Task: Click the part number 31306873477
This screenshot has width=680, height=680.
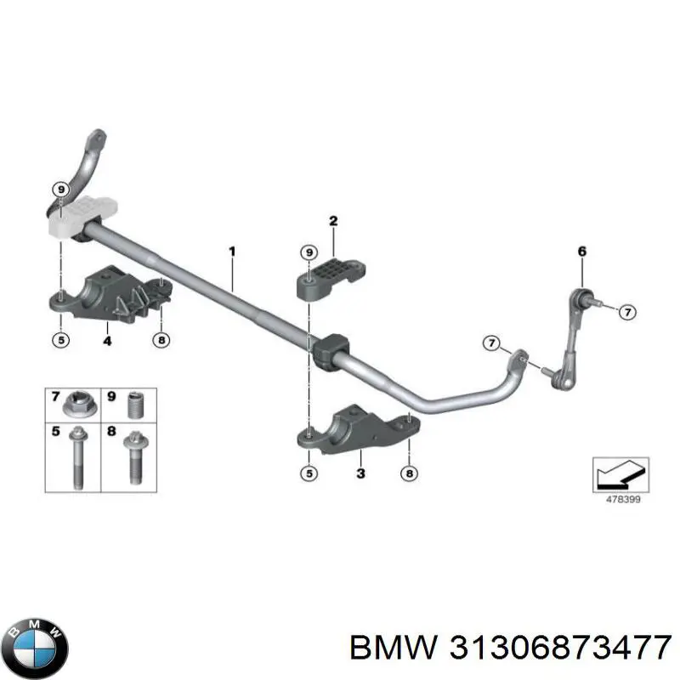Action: point(561,647)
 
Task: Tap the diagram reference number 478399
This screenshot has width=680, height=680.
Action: point(623,499)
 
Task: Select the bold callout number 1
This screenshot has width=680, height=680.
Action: point(232,252)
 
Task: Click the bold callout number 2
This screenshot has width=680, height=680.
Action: point(333,221)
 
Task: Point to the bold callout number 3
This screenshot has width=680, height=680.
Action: point(360,473)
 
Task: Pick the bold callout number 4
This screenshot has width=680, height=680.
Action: point(108,341)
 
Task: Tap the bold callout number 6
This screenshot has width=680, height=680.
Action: point(582,252)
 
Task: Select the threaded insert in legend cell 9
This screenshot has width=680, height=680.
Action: point(137,405)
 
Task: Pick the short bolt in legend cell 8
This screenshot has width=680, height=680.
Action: point(136,456)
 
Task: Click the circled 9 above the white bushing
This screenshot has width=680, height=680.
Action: point(61,190)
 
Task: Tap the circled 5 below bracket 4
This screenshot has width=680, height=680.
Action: point(61,339)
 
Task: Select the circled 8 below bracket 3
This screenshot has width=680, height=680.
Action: point(410,473)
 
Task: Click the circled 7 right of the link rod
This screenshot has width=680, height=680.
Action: point(627,312)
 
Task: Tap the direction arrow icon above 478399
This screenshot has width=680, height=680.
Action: point(620,474)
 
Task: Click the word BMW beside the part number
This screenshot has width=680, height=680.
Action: point(394,647)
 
